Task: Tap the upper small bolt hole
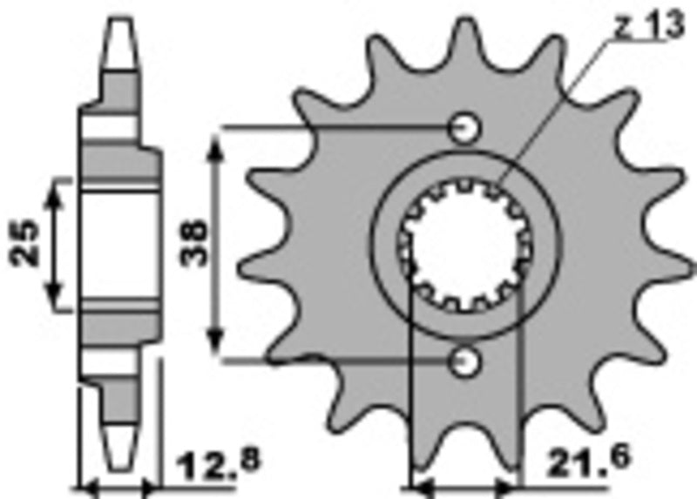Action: (x=464, y=129)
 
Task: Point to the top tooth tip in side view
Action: (x=120, y=26)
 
